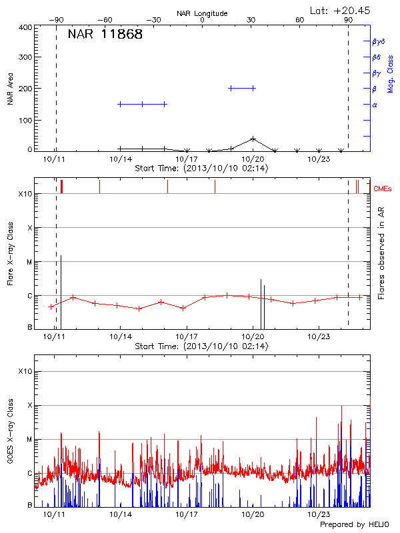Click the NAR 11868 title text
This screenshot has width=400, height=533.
coord(105,35)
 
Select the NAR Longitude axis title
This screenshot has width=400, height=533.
coord(202,13)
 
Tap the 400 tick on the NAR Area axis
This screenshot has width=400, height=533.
coord(26,27)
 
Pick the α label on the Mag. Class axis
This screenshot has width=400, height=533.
coord(375,105)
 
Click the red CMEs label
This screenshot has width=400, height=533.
coord(382,189)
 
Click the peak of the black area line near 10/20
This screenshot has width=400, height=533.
coord(253,139)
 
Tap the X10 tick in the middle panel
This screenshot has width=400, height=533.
coord(25,194)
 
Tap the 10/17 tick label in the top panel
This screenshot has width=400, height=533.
coord(187,159)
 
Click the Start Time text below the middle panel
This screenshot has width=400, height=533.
coord(201,346)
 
